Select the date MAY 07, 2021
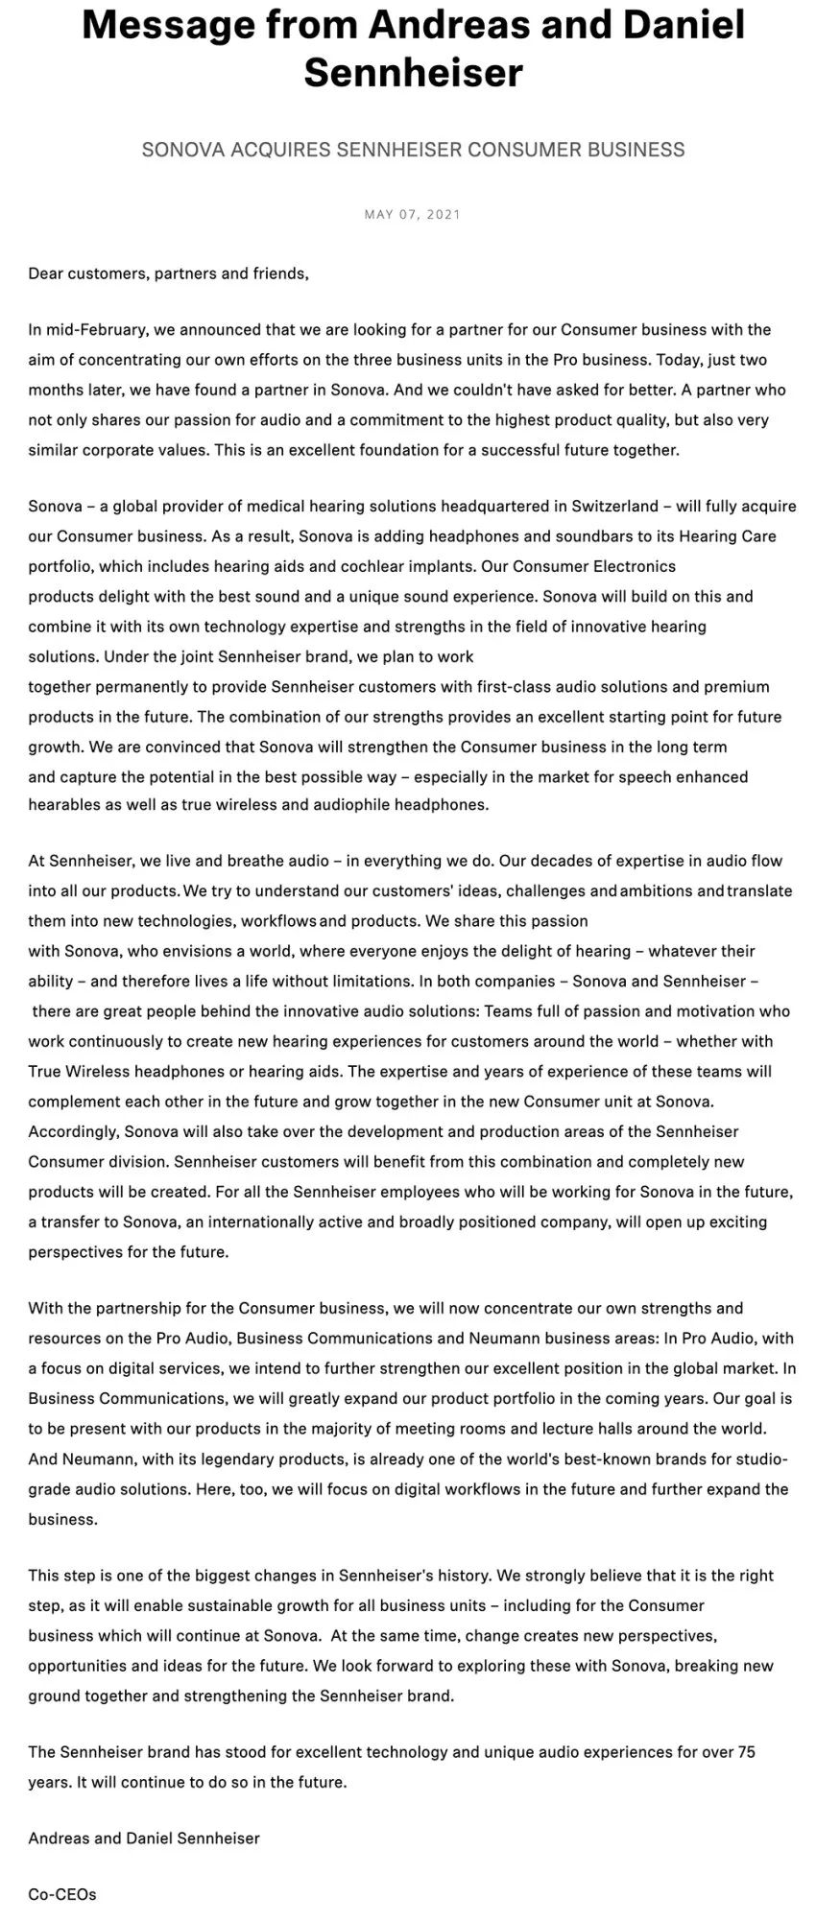click(x=413, y=214)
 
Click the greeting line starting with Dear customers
click(x=169, y=273)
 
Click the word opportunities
click(x=75, y=1666)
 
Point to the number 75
click(x=747, y=1752)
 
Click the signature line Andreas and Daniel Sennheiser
click(x=144, y=1838)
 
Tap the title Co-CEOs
click(x=62, y=1895)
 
